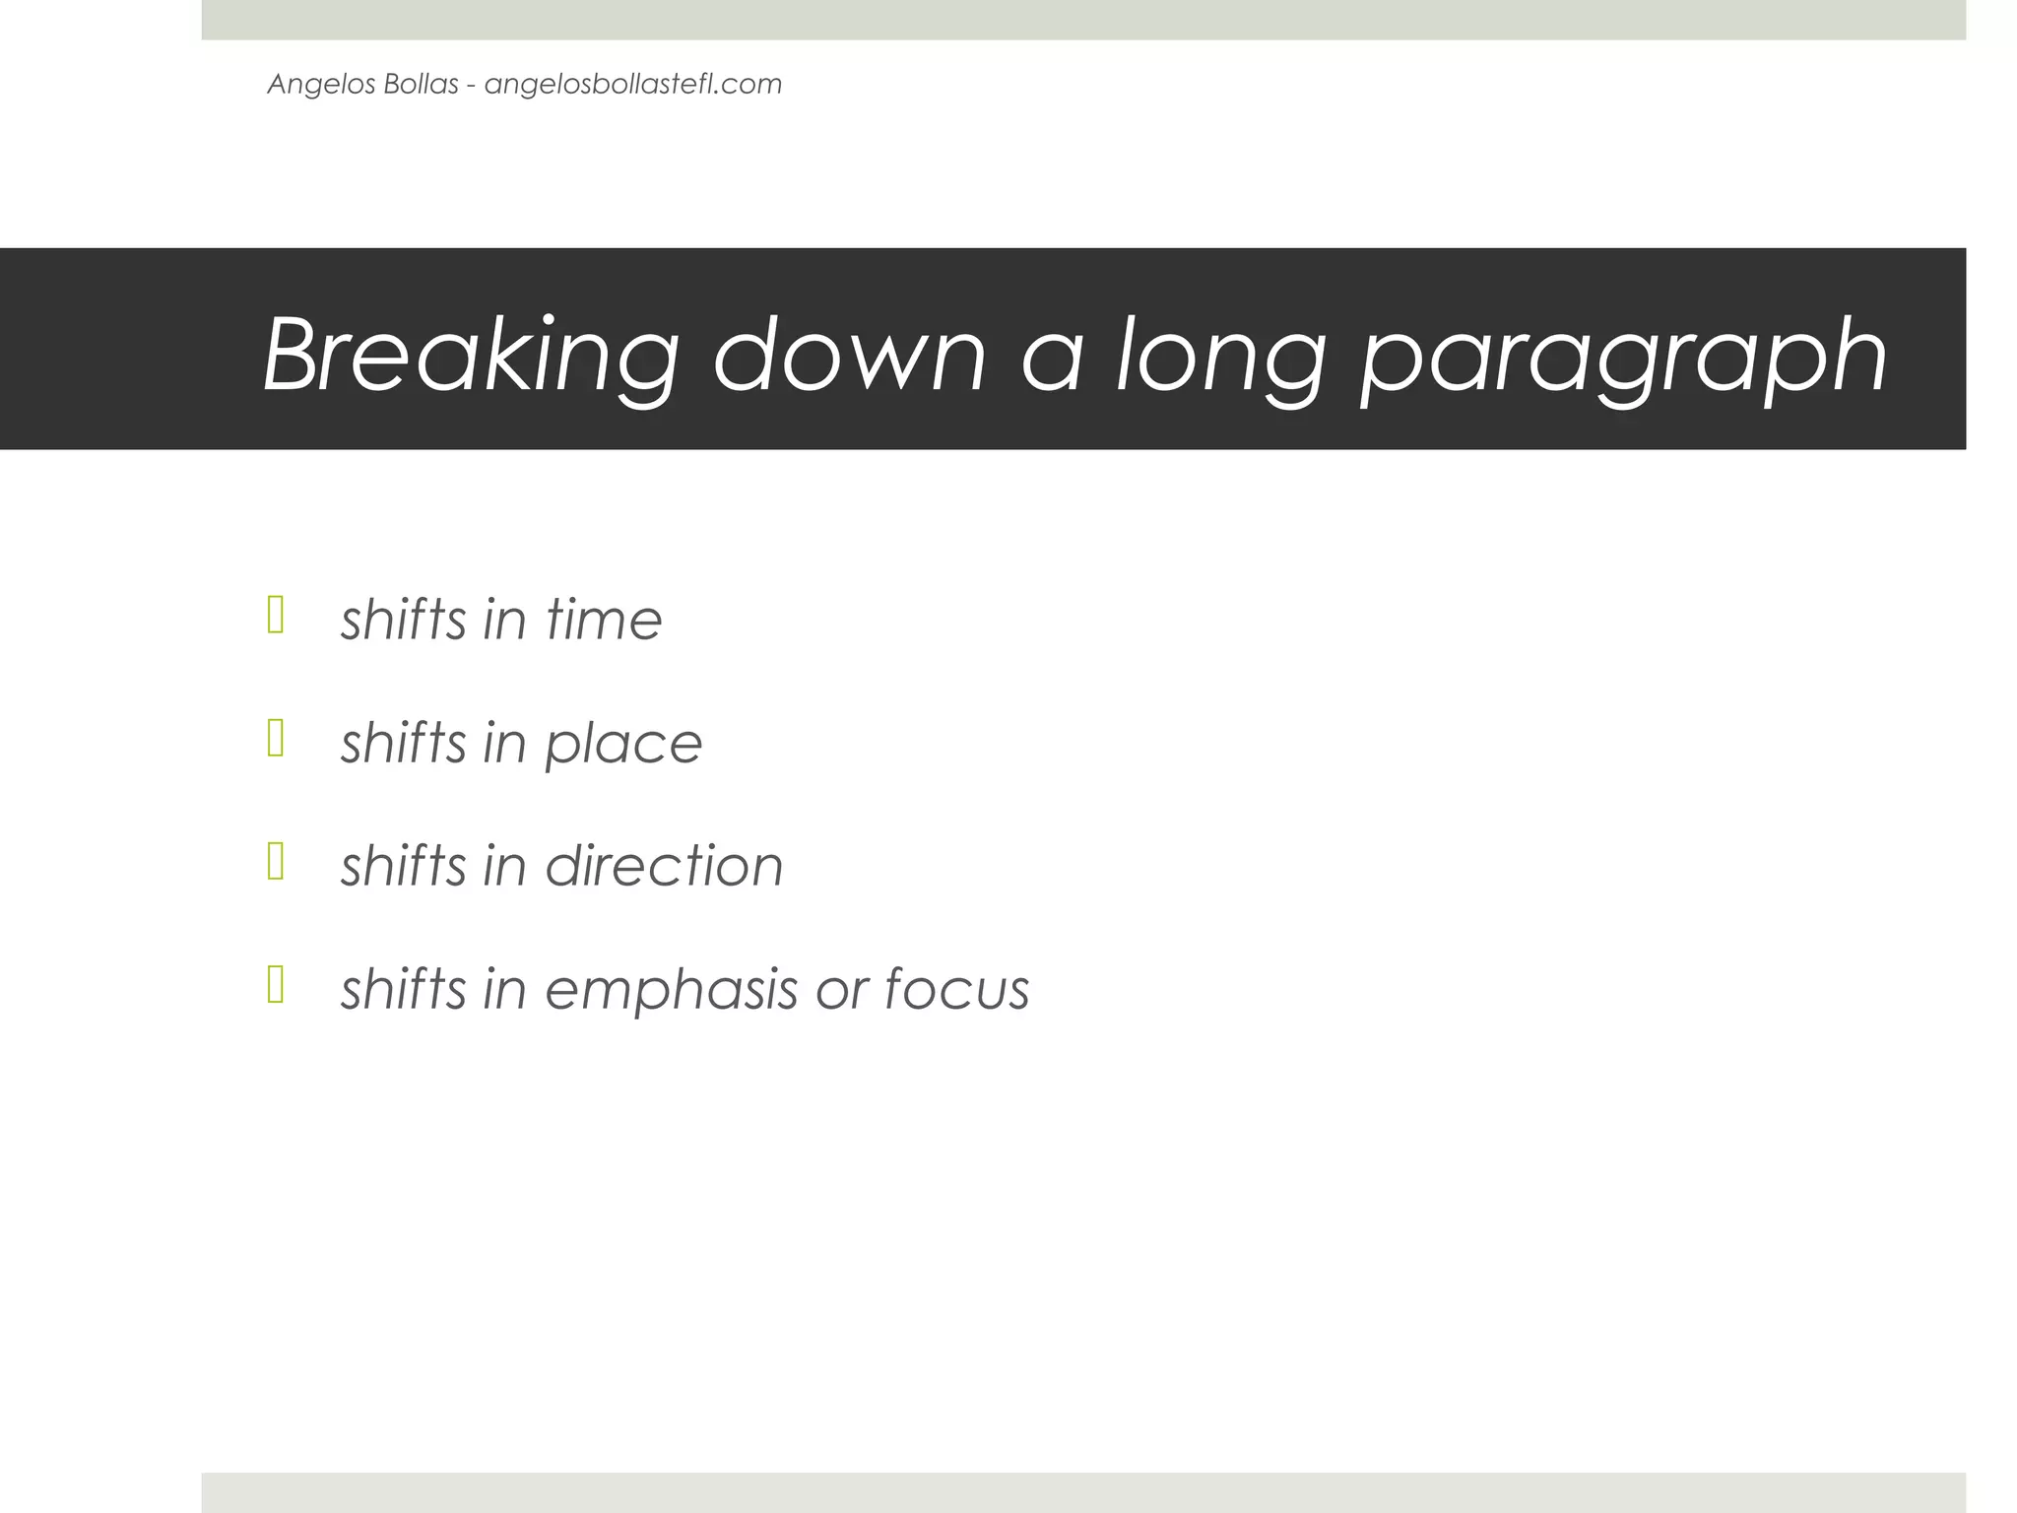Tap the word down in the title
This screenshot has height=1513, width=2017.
pyautogui.click(x=849, y=355)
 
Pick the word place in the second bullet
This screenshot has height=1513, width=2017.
pyautogui.click(x=623, y=744)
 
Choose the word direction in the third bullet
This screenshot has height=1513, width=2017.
pyautogui.click(x=664, y=866)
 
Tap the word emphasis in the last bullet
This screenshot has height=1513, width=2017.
pyautogui.click(x=671, y=990)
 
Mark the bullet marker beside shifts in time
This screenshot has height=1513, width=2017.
pyautogui.click(x=276, y=615)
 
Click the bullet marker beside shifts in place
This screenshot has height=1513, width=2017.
pyautogui.click(x=276, y=738)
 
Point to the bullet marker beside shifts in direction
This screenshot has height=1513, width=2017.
pyautogui.click(x=276, y=861)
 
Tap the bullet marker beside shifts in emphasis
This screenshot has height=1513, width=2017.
pyautogui.click(x=276, y=984)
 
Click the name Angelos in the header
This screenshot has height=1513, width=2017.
pyautogui.click(x=310, y=85)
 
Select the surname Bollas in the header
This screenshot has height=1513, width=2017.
pyautogui.click(x=421, y=84)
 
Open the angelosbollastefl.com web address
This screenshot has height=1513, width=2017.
pyautogui.click(x=633, y=85)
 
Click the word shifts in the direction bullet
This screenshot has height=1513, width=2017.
pyautogui.click(x=404, y=866)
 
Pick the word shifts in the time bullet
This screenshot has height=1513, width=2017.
pyautogui.click(x=404, y=620)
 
